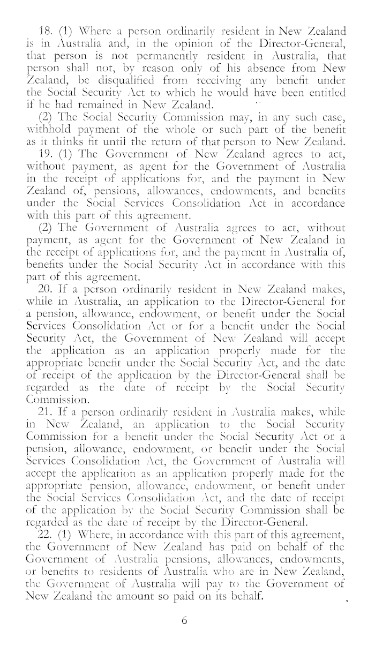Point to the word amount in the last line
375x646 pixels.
pyautogui.click(x=147, y=587)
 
